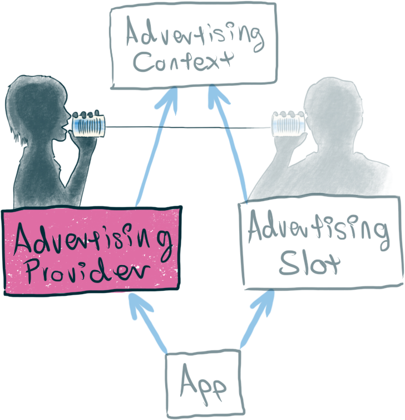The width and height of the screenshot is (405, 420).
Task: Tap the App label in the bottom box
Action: pos(203,385)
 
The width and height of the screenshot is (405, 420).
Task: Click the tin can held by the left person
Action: pos(88,125)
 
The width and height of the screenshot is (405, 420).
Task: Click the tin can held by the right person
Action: pos(288,124)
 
